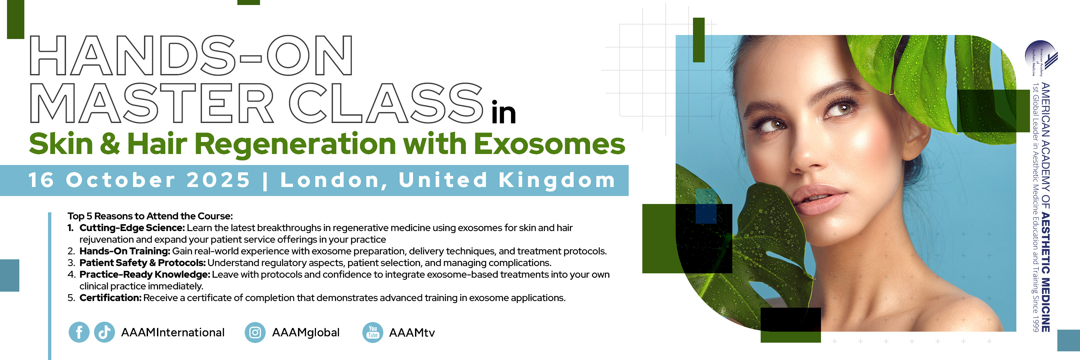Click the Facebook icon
(79, 332)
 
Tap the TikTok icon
(104, 332)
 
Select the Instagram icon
(255, 333)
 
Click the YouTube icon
(373, 333)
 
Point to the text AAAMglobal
(306, 333)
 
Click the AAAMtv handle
(412, 333)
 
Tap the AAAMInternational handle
(173, 333)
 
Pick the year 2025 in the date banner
(218, 180)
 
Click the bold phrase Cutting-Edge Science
(132, 228)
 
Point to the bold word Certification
(111, 298)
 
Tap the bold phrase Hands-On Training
(125, 251)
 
